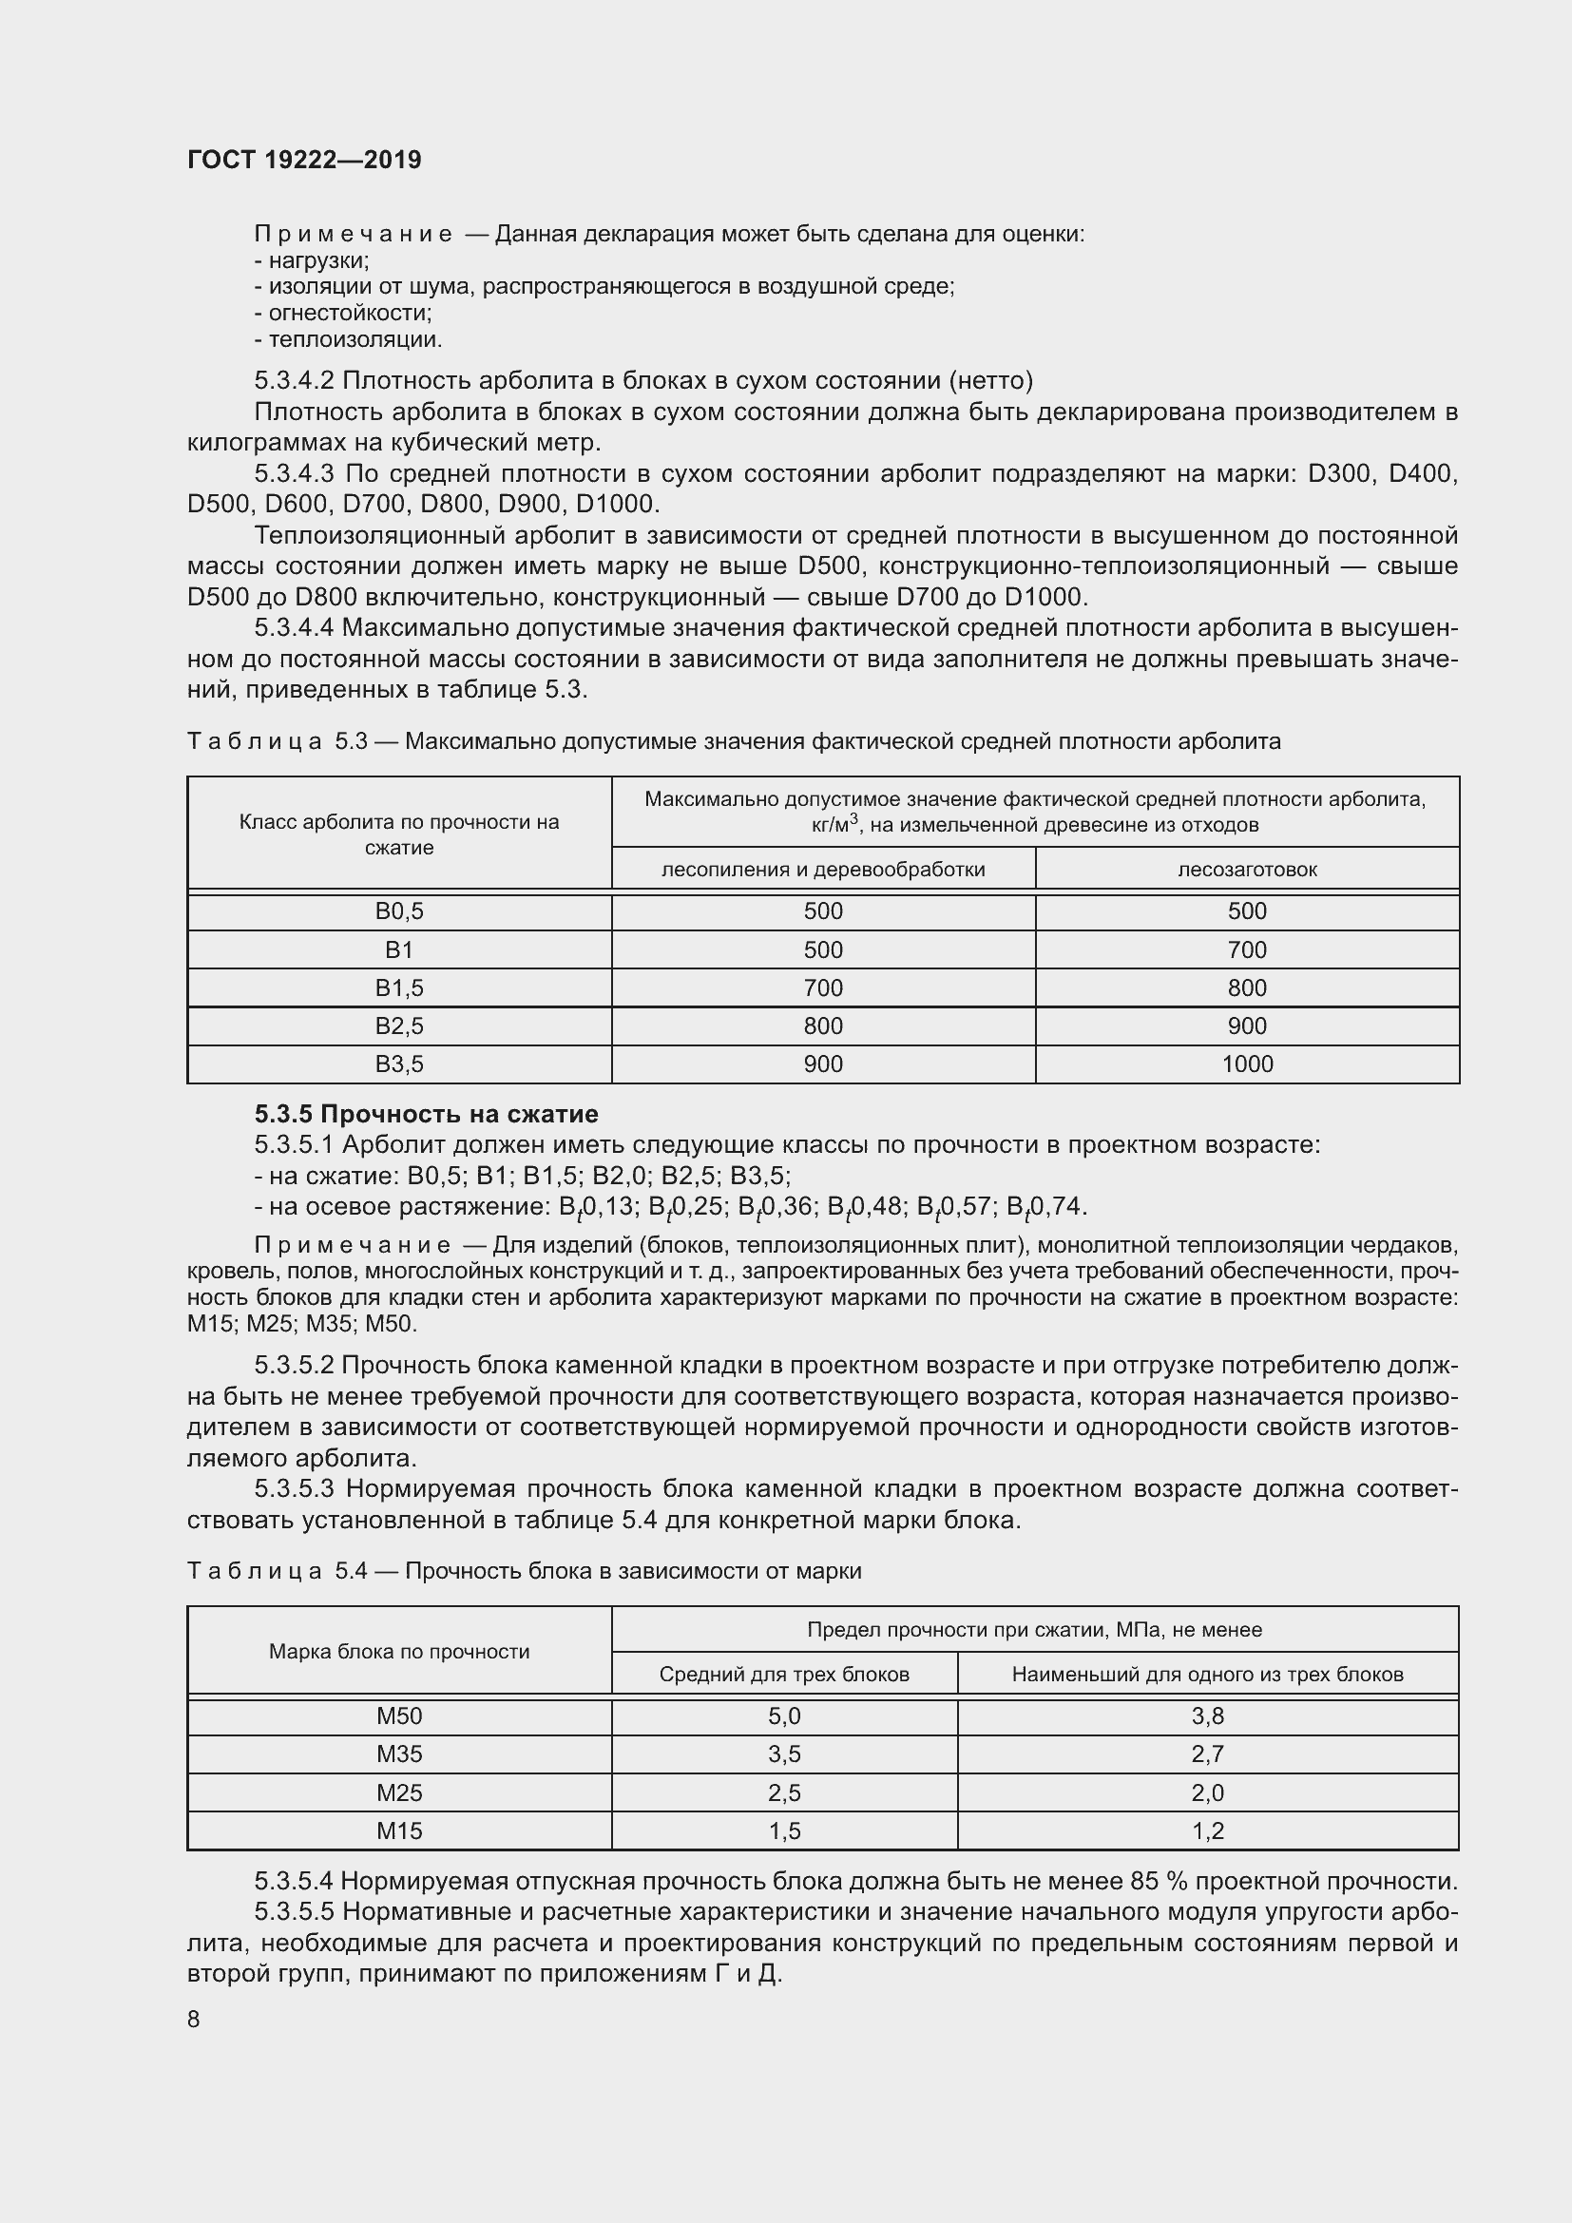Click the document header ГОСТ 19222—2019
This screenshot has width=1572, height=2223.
tap(304, 160)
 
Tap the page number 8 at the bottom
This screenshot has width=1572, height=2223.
tap(194, 2019)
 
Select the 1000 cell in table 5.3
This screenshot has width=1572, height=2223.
tap(1247, 1064)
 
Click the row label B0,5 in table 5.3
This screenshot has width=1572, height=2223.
tap(399, 911)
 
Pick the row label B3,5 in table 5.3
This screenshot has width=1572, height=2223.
tap(399, 1064)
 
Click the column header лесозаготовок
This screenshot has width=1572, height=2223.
tap(1247, 870)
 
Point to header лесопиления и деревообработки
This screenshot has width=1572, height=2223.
tap(823, 870)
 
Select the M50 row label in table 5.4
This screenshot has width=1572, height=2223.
tap(399, 1716)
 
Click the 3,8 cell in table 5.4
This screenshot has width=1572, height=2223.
tap(1207, 1716)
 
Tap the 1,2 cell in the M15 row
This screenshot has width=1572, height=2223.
tap(1207, 1830)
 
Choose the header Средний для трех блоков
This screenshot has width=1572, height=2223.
tap(784, 1674)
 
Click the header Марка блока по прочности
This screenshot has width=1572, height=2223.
tap(399, 1652)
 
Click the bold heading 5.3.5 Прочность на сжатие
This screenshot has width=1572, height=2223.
tap(426, 1114)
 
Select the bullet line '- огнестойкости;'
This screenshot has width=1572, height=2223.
tap(343, 313)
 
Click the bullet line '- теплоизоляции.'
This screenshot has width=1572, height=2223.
tap(349, 340)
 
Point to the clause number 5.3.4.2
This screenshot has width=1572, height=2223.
tap(295, 380)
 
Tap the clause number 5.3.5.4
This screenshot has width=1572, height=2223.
tap(295, 1881)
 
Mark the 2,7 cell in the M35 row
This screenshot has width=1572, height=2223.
tap(1207, 1754)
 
